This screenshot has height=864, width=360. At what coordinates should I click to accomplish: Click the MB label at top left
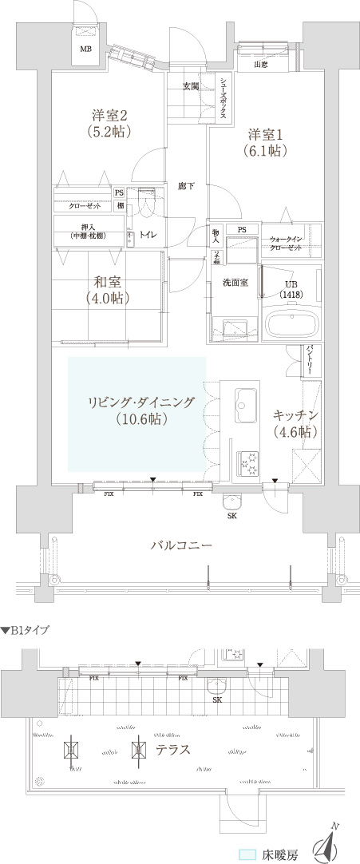[85, 48]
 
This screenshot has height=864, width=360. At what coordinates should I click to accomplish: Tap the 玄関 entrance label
[190, 86]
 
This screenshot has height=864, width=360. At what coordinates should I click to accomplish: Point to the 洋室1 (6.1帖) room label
[264, 141]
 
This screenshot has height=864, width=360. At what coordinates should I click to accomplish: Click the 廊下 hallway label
[187, 186]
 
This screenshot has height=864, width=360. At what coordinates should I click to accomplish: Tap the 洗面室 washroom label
[235, 283]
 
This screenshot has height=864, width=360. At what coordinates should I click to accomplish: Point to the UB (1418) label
[291, 288]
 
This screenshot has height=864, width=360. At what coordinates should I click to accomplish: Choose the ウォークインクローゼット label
[285, 244]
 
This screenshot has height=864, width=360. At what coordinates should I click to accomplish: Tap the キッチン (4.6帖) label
[296, 423]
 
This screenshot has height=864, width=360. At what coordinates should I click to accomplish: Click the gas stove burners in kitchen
[247, 461]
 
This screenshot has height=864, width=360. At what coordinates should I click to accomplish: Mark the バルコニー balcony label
[182, 546]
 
